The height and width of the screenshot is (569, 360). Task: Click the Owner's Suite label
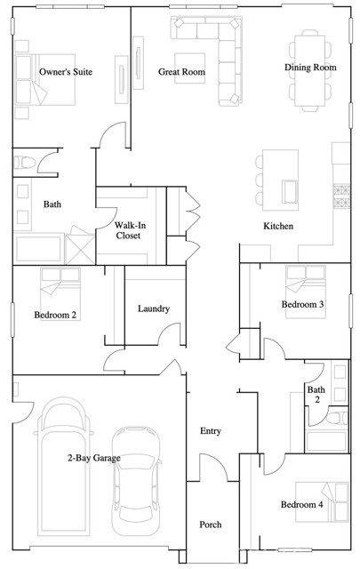(66, 72)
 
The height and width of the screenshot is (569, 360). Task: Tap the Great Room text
(181, 72)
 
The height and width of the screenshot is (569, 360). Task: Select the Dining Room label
(310, 68)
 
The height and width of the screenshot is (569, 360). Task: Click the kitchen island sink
(290, 191)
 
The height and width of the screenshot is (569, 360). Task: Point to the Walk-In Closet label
(129, 230)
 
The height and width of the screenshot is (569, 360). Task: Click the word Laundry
(154, 309)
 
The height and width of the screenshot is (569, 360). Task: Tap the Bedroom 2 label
(55, 315)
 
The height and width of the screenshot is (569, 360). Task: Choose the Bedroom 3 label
(302, 304)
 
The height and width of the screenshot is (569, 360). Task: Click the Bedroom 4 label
(301, 504)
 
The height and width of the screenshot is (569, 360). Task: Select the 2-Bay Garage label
(94, 458)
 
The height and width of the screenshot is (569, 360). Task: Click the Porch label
(211, 525)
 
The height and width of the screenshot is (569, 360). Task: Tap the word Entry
(211, 430)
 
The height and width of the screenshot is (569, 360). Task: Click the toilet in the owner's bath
(24, 163)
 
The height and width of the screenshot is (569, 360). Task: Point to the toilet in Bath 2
(337, 418)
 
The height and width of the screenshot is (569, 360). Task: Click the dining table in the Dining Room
(309, 70)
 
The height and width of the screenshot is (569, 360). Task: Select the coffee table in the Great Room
(189, 68)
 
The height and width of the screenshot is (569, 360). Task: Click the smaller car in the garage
(136, 481)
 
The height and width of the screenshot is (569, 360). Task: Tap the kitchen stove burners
(341, 196)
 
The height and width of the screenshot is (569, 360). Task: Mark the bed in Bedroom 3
(306, 293)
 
